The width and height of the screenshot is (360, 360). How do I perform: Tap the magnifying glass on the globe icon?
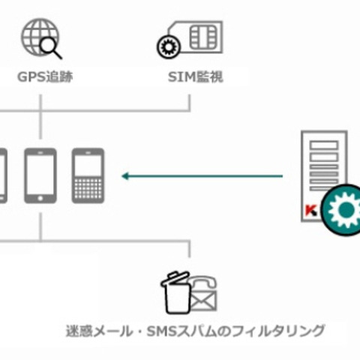(52, 48)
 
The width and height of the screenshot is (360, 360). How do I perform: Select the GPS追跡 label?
(45, 76)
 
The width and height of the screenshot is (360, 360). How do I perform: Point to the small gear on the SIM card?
(166, 46)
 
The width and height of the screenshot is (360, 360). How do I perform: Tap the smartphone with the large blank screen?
(40, 175)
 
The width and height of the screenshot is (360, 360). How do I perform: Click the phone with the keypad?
(88, 175)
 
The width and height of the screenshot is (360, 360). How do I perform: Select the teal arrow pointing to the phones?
(202, 177)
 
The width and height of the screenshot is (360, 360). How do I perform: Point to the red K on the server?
(308, 213)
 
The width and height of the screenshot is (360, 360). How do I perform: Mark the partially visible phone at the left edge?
(2, 175)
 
